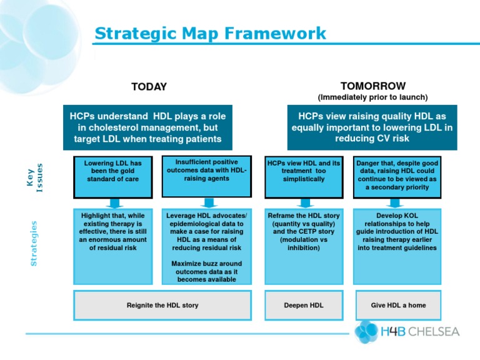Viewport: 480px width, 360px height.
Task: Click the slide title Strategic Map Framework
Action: click(210, 33)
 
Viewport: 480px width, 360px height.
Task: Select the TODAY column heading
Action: click(149, 87)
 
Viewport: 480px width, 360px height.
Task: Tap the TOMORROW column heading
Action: click(372, 86)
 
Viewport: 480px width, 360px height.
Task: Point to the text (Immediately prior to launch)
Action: click(372, 97)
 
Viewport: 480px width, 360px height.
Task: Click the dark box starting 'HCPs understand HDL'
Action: click(147, 127)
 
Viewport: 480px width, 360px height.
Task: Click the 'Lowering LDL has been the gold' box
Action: click(112, 174)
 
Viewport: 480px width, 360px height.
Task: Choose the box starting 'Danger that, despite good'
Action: click(396, 174)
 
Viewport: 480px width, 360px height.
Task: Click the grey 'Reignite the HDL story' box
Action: click(162, 305)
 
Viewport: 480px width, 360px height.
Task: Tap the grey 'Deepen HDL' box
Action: click(304, 305)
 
